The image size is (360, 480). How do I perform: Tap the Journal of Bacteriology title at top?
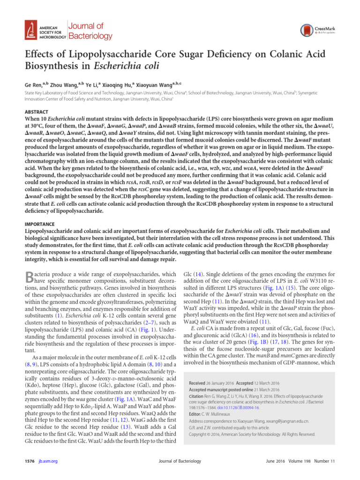90,31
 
